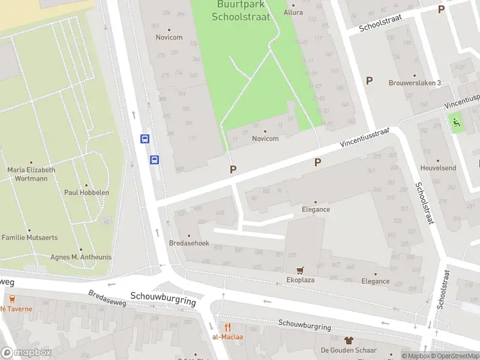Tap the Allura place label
(x=293, y=12)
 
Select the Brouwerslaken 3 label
(x=415, y=83)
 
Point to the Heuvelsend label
(x=439, y=169)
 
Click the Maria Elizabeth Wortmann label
(x=31, y=174)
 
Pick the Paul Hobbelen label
(x=86, y=193)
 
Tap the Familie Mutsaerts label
(x=29, y=238)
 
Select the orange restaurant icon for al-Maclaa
(x=227, y=327)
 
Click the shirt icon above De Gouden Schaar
(x=349, y=340)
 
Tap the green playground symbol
(x=457, y=122)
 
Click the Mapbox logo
(x=26, y=353)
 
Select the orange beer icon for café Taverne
(x=11, y=299)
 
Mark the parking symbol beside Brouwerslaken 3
(x=370, y=80)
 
